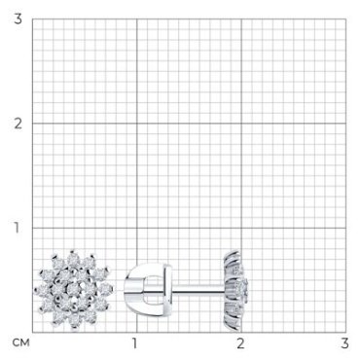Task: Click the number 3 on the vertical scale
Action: pyautogui.click(x=18, y=19)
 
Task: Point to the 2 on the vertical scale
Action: pyautogui.click(x=18, y=124)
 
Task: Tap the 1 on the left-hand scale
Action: pyautogui.click(x=17, y=228)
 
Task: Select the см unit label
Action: pyautogui.click(x=20, y=342)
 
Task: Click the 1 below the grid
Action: pyautogui.click(x=134, y=343)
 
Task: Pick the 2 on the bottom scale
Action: pyautogui.click(x=240, y=343)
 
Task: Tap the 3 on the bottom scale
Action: pyautogui.click(x=344, y=343)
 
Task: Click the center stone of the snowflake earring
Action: pyautogui.click(x=74, y=288)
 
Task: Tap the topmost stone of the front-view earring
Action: pyautogui.click(x=74, y=258)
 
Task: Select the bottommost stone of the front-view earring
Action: pyautogui.click(x=74, y=320)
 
